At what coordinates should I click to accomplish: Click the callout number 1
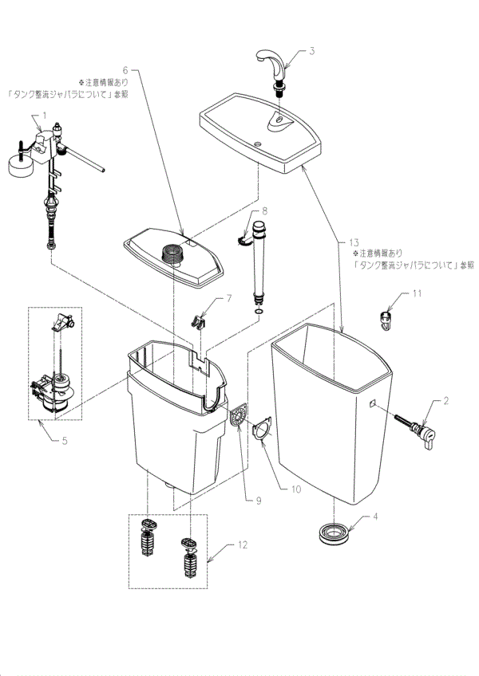(x=46, y=115)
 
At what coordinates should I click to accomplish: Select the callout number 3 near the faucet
(x=312, y=52)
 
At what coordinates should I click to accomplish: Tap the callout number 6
(x=125, y=69)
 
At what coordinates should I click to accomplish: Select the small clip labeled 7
(x=200, y=319)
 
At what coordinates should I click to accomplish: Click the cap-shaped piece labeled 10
(x=262, y=431)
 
